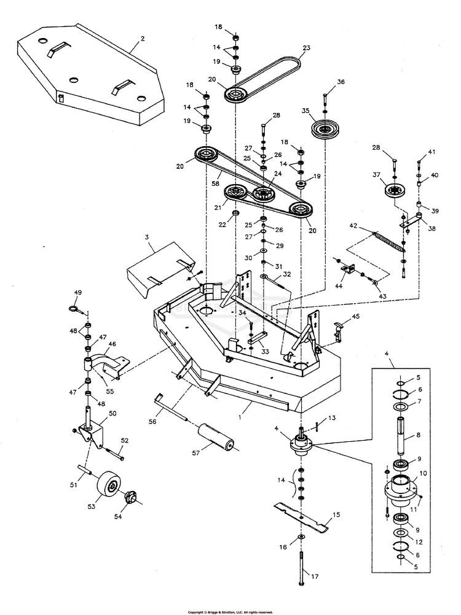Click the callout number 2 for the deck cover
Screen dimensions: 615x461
click(143, 39)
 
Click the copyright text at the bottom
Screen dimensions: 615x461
click(230, 611)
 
